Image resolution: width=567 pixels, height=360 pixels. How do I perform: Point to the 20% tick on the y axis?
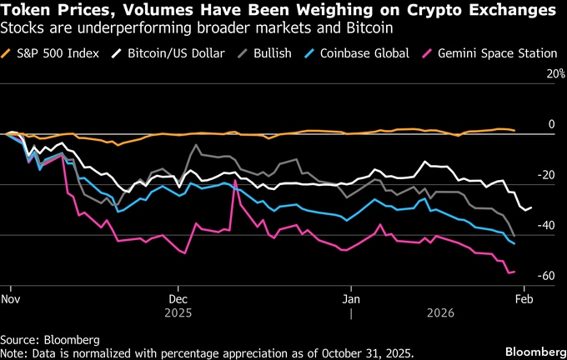point(544,74)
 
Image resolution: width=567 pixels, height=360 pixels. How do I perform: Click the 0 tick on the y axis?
point(550,125)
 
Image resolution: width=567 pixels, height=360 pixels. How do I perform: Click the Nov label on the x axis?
point(11,297)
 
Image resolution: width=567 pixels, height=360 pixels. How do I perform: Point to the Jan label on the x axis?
point(352,297)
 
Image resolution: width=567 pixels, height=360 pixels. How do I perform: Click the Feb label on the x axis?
point(523,297)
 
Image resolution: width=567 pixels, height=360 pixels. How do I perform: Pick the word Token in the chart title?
point(25,11)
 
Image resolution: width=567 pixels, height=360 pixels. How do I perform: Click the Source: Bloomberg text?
point(50,340)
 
